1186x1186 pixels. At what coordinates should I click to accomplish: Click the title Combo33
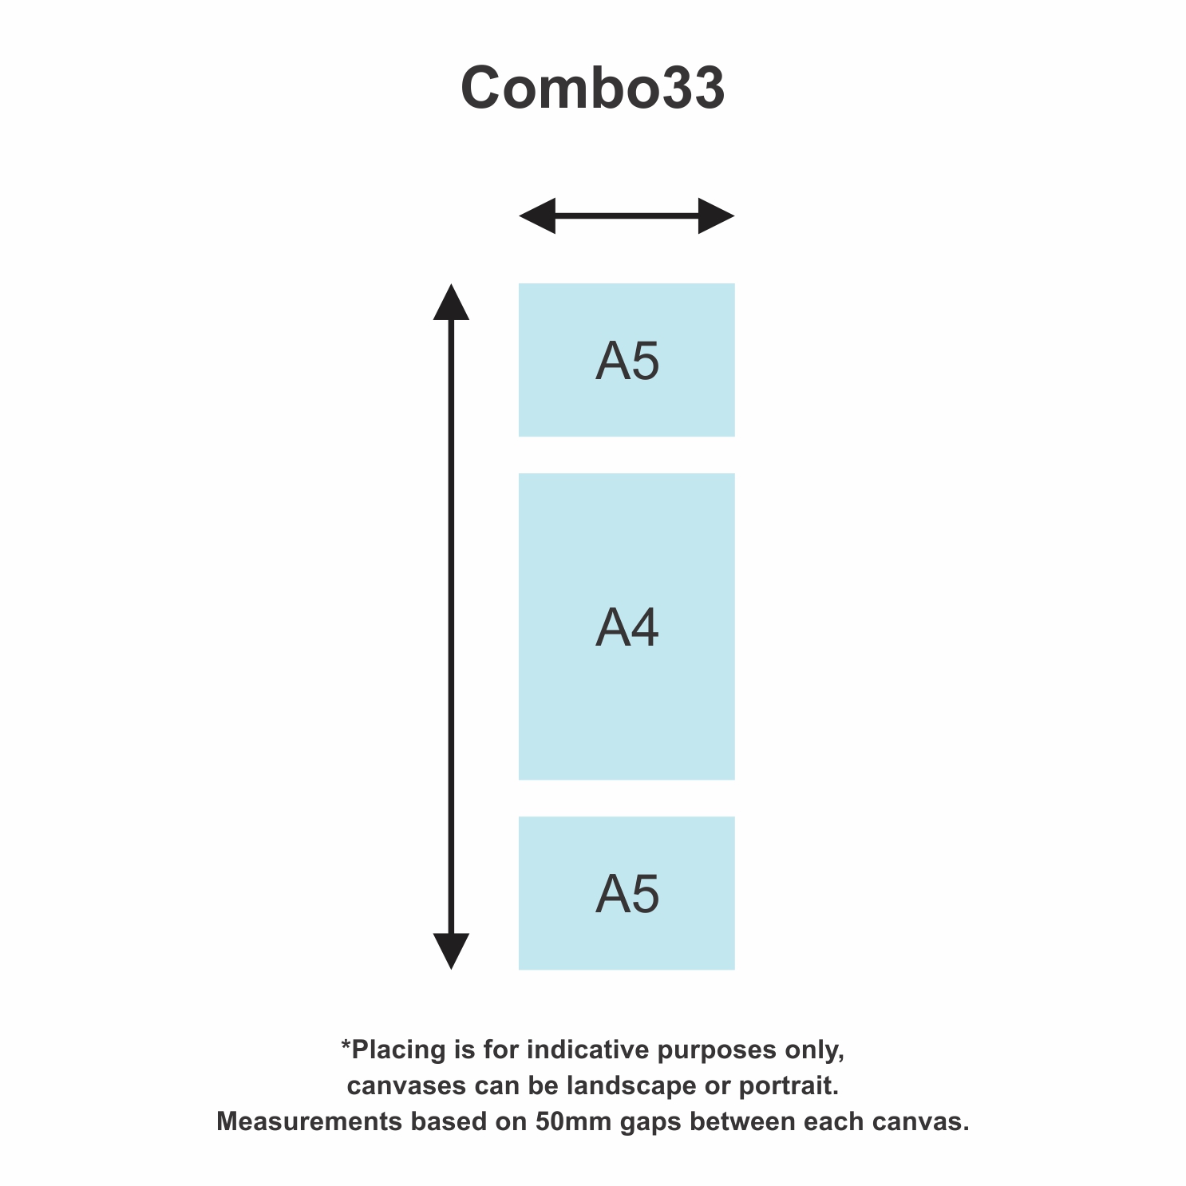click(593, 87)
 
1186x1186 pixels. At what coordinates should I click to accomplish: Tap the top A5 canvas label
click(627, 362)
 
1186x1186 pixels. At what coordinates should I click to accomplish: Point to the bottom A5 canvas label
click(627, 894)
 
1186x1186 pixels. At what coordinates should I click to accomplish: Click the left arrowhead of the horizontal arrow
click(536, 215)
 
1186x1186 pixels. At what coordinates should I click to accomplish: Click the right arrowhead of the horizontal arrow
click(717, 215)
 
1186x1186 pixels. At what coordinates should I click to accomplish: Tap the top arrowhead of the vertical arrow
click(451, 302)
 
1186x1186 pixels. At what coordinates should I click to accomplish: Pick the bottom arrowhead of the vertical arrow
click(451, 951)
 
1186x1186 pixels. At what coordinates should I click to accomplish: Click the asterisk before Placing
click(346, 1045)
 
